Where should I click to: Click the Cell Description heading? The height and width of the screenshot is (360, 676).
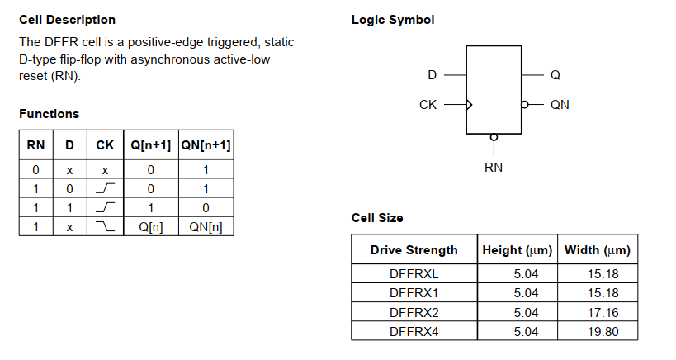click(67, 20)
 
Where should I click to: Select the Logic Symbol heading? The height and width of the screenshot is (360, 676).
click(393, 20)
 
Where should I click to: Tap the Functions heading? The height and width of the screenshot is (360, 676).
click(50, 114)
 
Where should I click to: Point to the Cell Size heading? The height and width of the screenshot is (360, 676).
click(377, 218)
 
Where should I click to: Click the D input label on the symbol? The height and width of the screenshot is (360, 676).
click(432, 75)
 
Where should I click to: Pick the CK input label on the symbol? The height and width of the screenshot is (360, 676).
click(428, 105)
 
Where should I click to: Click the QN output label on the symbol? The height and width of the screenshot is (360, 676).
click(560, 105)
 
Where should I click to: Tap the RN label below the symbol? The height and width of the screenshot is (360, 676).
click(494, 168)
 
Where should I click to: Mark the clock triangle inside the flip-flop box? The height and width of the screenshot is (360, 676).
click(470, 105)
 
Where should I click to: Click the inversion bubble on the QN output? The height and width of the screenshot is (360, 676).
click(525, 105)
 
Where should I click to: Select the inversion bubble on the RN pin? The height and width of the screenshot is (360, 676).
click(494, 137)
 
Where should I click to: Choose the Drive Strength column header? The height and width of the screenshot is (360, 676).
click(414, 250)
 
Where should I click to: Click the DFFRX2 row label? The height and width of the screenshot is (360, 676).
click(414, 312)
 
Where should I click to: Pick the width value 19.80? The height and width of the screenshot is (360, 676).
click(599, 331)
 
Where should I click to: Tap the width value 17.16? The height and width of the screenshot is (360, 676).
click(599, 312)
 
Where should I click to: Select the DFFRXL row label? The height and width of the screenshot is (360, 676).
click(414, 273)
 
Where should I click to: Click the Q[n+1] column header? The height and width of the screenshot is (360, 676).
click(150, 145)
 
